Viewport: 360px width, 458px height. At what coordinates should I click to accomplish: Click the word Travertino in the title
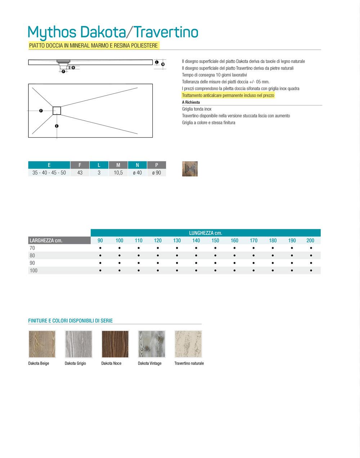click(x=166, y=32)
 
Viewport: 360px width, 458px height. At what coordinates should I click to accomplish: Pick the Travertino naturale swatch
click(x=188, y=344)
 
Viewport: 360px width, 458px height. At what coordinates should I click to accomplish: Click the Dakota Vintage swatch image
click(x=152, y=344)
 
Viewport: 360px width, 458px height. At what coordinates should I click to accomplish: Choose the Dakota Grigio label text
click(x=75, y=363)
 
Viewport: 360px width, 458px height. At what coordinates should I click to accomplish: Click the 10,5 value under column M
click(x=118, y=173)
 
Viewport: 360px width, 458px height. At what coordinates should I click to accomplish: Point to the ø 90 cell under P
click(x=157, y=173)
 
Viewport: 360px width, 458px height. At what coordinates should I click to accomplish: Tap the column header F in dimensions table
click(x=80, y=165)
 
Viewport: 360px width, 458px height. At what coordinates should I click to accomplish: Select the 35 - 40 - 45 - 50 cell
click(x=49, y=173)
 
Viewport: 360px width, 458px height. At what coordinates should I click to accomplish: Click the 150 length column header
click(x=215, y=240)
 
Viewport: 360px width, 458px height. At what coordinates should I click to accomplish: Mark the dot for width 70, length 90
click(x=100, y=248)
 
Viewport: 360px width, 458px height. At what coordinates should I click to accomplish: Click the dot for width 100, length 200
click(x=310, y=270)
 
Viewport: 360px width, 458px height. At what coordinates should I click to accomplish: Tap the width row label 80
click(x=32, y=255)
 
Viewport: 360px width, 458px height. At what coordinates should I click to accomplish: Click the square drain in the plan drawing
click(x=57, y=111)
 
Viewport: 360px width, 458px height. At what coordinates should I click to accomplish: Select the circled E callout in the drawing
click(x=57, y=126)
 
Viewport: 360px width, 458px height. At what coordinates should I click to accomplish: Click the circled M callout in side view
click(x=163, y=64)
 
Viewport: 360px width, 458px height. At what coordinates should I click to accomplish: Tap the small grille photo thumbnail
click(x=190, y=169)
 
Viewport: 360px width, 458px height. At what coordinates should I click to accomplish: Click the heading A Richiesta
click(x=191, y=102)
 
